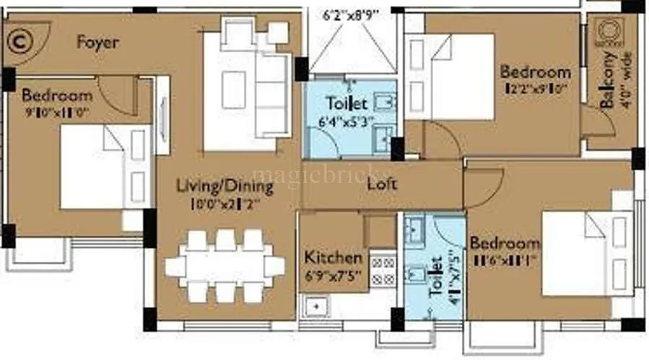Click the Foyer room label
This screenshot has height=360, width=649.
(x=97, y=43)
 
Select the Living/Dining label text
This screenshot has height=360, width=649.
(x=225, y=186)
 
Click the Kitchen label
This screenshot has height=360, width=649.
(x=333, y=257)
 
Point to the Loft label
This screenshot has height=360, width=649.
(x=382, y=184)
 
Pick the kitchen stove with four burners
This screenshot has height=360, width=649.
(x=383, y=269)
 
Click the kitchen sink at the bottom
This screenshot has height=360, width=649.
(x=315, y=307)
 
